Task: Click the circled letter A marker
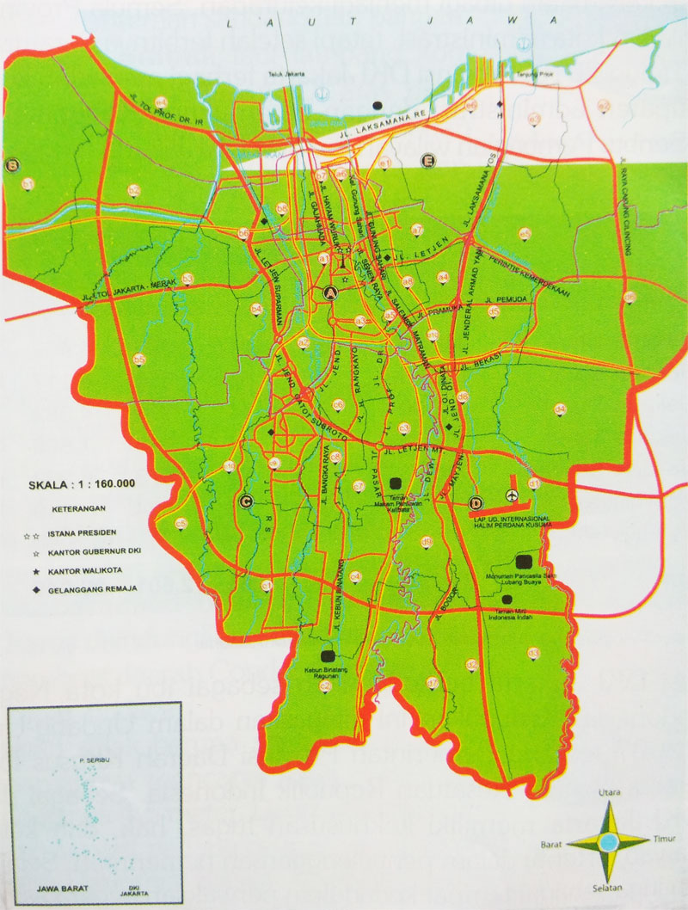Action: [x=329, y=293]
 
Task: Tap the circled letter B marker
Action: [x=13, y=165]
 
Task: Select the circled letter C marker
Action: [x=246, y=502]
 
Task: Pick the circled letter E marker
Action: [x=427, y=160]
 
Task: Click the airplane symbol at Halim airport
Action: [x=513, y=495]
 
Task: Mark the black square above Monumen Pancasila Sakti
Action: [x=522, y=561]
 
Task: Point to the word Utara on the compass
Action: [x=609, y=790]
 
